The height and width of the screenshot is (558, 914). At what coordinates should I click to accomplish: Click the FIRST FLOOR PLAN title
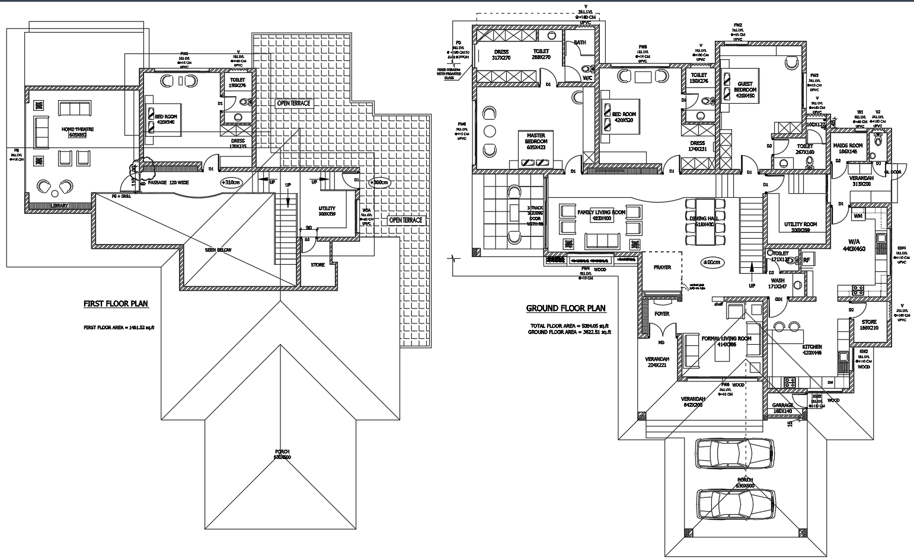(116, 304)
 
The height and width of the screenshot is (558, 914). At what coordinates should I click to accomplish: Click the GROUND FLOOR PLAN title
(566, 308)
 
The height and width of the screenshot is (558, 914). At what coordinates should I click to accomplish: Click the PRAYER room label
(662, 268)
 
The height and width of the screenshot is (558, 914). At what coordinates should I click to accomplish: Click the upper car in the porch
(734, 453)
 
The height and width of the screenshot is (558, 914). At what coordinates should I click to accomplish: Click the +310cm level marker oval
(231, 182)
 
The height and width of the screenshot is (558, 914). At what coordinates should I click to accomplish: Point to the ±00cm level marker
(711, 262)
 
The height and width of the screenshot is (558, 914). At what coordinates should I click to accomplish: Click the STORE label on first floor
(318, 265)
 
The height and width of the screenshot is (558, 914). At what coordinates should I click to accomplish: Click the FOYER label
(662, 314)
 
